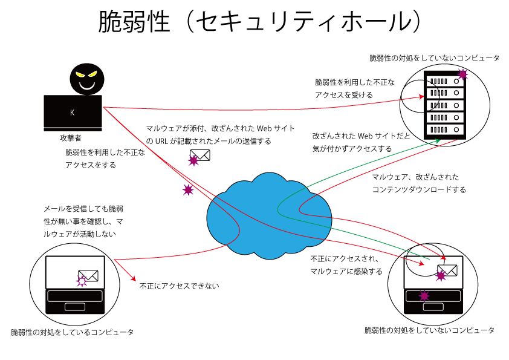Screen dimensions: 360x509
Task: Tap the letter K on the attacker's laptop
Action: pyautogui.click(x=73, y=113)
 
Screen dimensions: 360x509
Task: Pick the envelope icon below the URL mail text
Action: pyautogui.click(x=200, y=155)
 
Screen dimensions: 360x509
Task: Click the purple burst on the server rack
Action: pyautogui.click(x=462, y=74)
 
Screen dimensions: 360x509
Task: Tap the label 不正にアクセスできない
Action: pyautogui.click(x=179, y=286)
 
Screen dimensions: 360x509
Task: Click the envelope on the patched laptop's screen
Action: pyautogui.click(x=88, y=275)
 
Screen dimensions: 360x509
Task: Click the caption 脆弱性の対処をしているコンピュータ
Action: pyautogui.click(x=72, y=332)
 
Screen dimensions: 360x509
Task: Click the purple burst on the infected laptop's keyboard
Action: pyautogui.click(x=424, y=296)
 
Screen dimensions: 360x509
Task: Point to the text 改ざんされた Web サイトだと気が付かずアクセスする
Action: pyautogui.click(x=361, y=142)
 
